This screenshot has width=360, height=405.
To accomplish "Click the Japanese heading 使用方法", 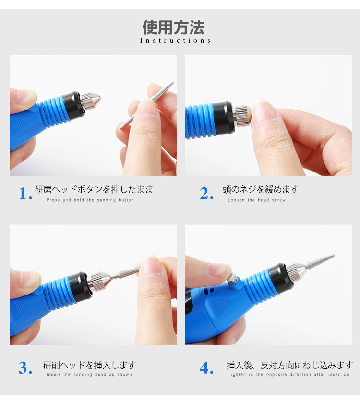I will click(x=173, y=27).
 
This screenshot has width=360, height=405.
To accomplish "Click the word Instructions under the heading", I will click(x=175, y=41).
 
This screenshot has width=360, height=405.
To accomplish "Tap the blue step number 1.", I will click(x=25, y=194).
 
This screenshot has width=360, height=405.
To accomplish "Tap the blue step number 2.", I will click(x=206, y=194).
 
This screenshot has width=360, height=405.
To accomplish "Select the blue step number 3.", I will click(x=25, y=368).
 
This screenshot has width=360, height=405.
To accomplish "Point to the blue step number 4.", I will click(x=206, y=368).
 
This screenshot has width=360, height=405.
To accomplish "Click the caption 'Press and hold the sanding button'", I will click(x=90, y=200).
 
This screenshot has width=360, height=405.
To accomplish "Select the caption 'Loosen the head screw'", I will click(x=257, y=200).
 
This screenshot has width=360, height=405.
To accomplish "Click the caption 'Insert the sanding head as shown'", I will click(x=89, y=375).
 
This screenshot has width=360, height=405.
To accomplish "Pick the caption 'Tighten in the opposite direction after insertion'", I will click(x=288, y=375).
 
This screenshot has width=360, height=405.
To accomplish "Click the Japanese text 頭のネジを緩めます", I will click(x=260, y=190).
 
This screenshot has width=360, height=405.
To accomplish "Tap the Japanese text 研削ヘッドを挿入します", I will click(x=90, y=366).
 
